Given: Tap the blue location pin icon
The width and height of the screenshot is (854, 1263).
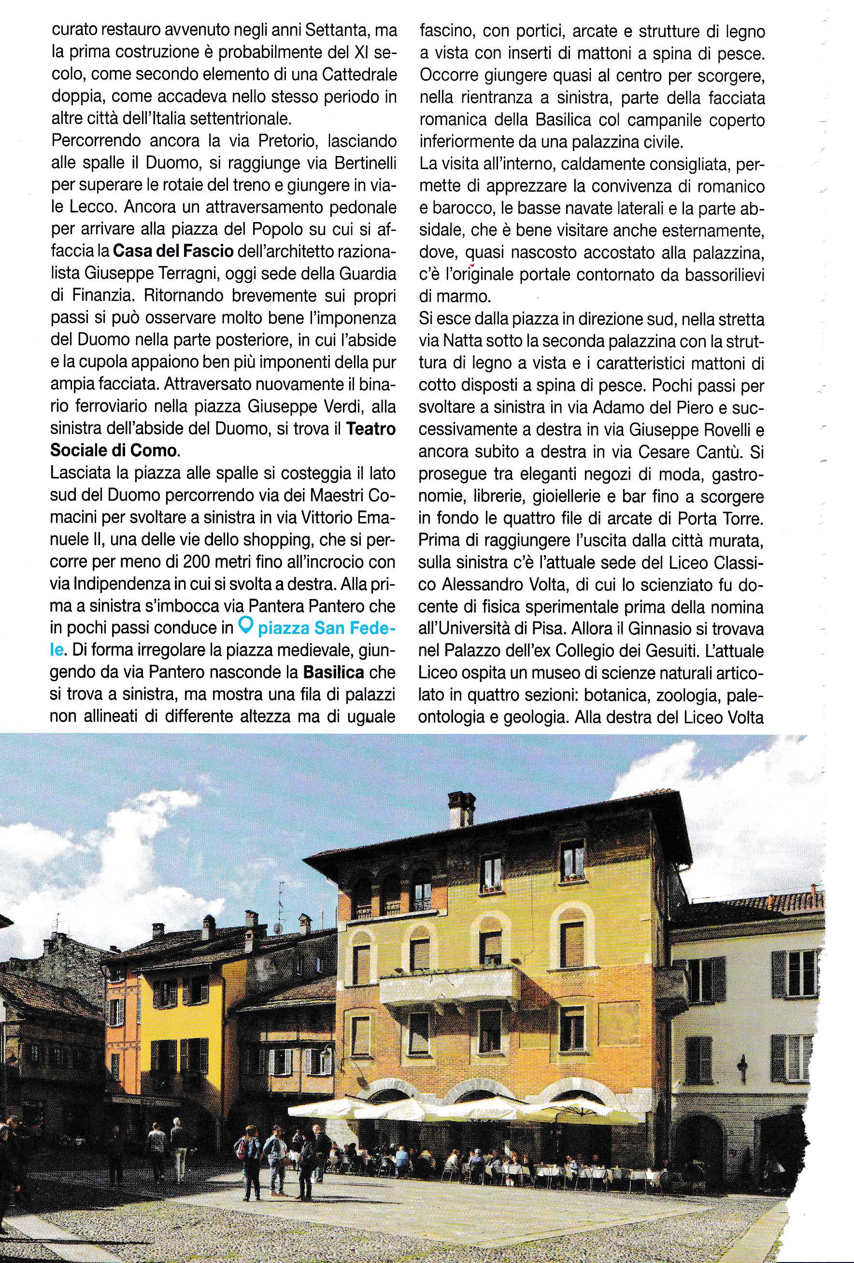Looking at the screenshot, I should click(x=246, y=627).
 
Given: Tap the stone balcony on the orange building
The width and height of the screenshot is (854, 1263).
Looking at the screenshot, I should click(x=450, y=987).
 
